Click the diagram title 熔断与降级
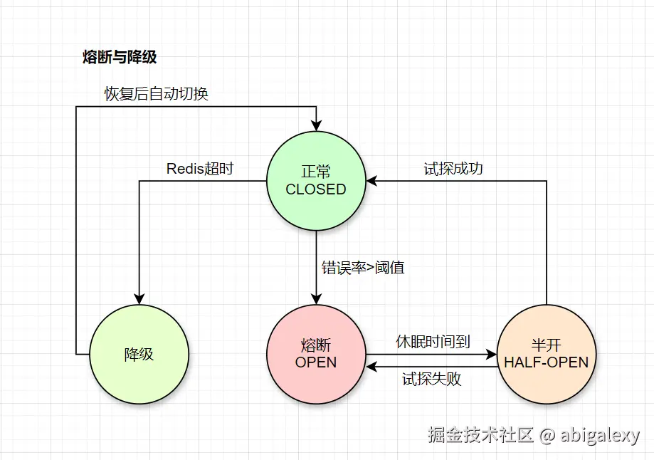[120, 58]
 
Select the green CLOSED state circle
[316, 181]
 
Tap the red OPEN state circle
[316, 354]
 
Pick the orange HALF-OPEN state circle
[547, 354]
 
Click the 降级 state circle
[139, 354]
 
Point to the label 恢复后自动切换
[157, 94]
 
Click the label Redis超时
[200, 169]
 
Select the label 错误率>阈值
[363, 268]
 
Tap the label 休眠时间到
[433, 342]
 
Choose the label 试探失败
[431, 379]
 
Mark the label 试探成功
[453, 169]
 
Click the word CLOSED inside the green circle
[316, 189]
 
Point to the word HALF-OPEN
[547, 362]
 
